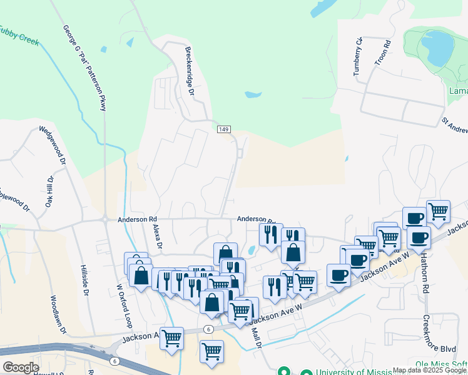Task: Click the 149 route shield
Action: [x=225, y=129]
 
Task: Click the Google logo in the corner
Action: [x=21, y=367]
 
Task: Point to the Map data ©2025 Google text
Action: [x=430, y=371]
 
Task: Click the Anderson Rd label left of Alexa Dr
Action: [x=137, y=219]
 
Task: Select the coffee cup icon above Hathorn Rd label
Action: [x=419, y=237]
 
